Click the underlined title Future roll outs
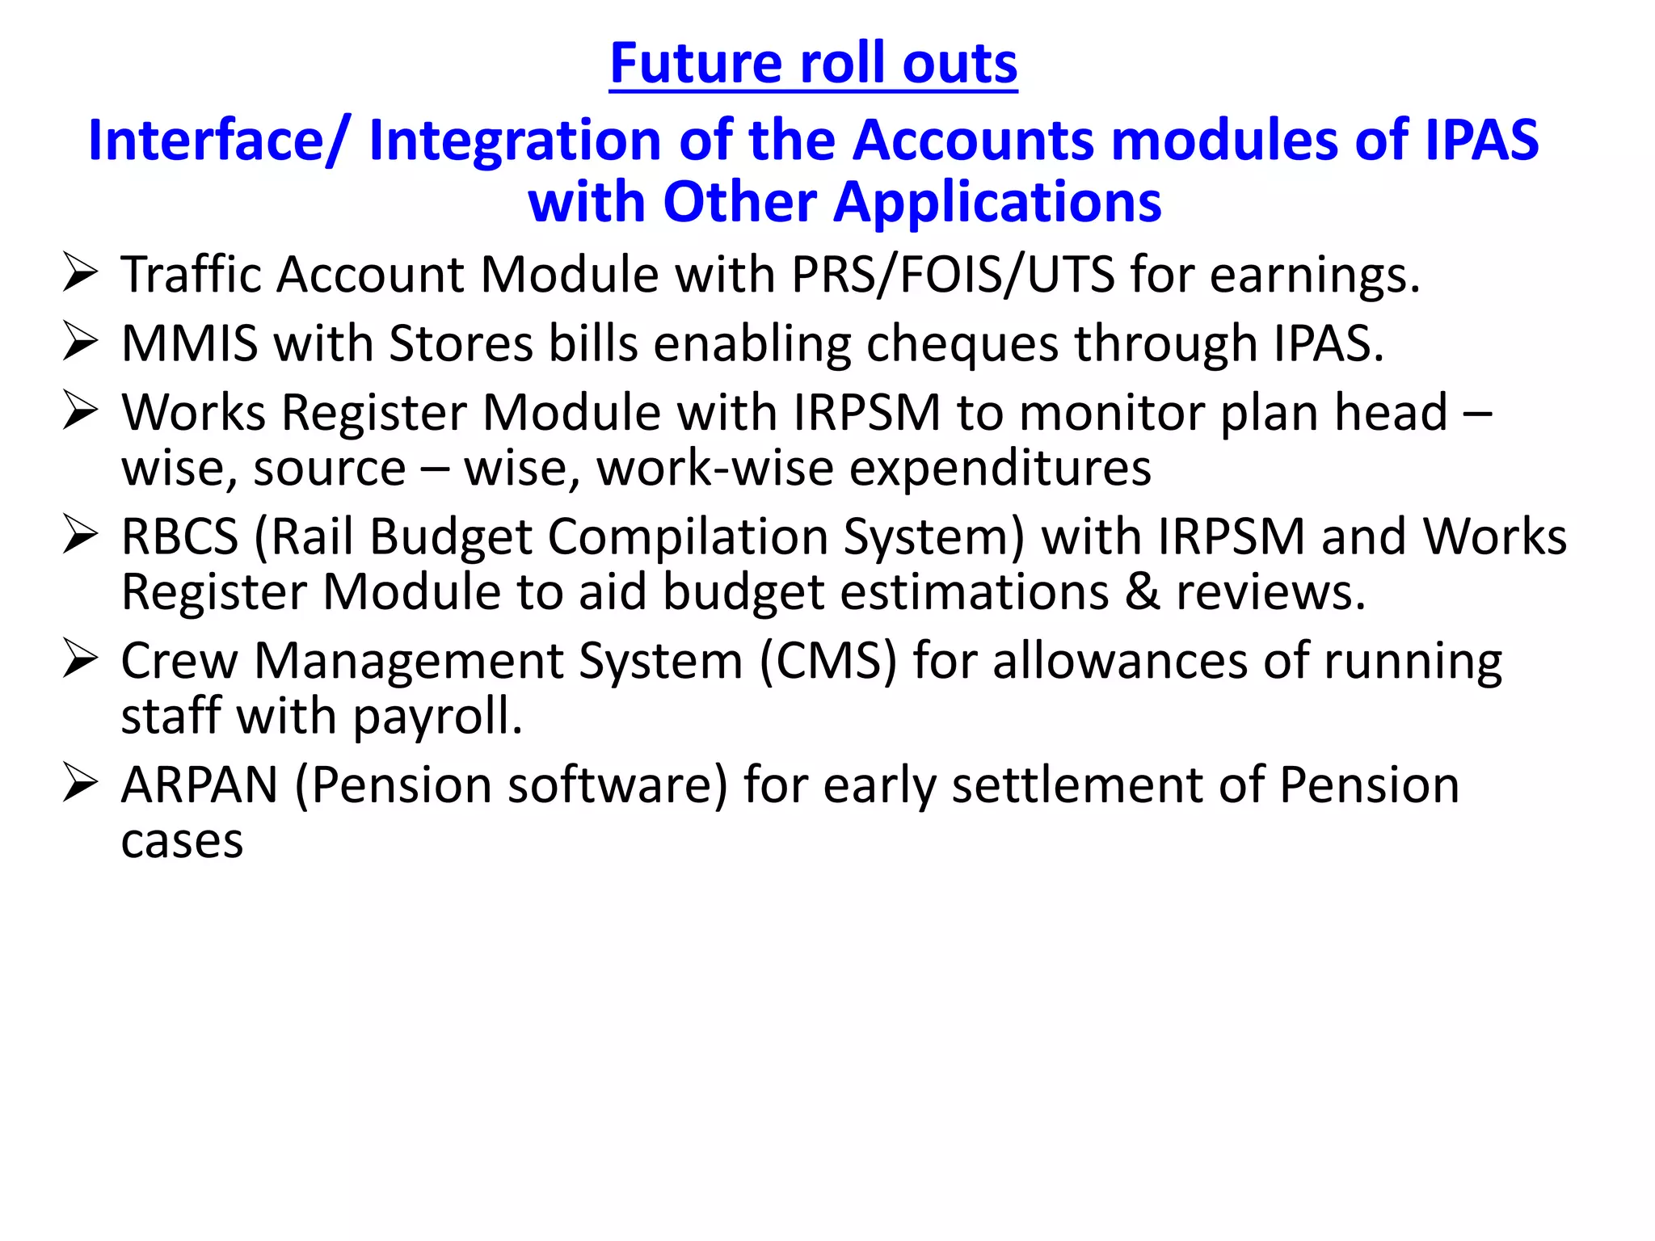[x=813, y=63]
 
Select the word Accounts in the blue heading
[x=973, y=141]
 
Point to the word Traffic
[x=191, y=275]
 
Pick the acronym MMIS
[x=190, y=343]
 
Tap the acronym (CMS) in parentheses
[x=829, y=662]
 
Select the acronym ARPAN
[x=200, y=785]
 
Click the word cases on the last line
[x=182, y=842]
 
